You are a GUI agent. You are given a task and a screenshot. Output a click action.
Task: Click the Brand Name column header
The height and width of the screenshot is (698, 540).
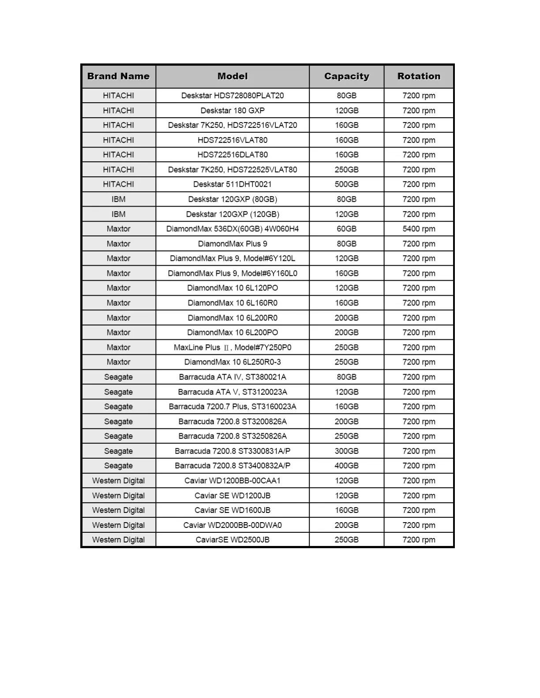[118, 76]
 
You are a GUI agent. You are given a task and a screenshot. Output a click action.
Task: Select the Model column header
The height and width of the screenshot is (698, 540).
[232, 76]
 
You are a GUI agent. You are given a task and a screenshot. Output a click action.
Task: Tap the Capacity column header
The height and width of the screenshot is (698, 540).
[346, 76]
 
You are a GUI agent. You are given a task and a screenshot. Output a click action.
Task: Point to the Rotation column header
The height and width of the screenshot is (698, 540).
[419, 76]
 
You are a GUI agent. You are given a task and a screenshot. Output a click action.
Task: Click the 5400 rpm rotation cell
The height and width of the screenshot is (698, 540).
[419, 229]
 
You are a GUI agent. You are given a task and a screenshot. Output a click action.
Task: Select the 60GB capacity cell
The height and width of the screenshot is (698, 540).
[346, 229]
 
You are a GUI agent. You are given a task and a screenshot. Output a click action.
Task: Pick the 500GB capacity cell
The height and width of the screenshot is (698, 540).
[346, 184]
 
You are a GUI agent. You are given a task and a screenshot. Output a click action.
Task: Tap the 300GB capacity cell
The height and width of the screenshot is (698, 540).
[346, 451]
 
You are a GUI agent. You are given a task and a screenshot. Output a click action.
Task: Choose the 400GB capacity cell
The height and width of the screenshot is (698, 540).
[346, 466]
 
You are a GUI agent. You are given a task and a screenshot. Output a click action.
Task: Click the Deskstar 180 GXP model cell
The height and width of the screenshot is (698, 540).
[232, 111]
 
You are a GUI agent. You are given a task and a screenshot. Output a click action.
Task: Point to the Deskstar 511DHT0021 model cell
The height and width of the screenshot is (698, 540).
[232, 184]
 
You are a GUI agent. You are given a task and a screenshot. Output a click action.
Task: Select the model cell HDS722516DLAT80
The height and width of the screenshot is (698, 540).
[232, 155]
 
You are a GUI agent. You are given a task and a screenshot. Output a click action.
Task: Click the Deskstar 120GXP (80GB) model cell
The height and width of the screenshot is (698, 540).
[232, 199]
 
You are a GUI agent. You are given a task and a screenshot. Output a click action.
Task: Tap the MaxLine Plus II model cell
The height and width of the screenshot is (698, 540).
[232, 347]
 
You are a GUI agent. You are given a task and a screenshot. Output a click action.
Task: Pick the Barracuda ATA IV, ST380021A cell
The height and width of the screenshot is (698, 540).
[232, 377]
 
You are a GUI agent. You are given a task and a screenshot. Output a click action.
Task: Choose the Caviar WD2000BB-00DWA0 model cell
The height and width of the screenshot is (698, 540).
[232, 525]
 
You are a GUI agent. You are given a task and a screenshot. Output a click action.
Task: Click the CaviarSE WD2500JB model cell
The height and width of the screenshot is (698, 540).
[232, 540]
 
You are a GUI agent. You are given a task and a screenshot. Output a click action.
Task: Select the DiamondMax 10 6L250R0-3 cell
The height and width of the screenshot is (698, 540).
[232, 362]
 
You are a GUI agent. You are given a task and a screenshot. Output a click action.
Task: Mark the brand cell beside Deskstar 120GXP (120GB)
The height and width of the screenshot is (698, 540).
[118, 214]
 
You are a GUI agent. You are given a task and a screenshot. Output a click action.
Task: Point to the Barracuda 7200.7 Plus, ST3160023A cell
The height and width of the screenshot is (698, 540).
[232, 406]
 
